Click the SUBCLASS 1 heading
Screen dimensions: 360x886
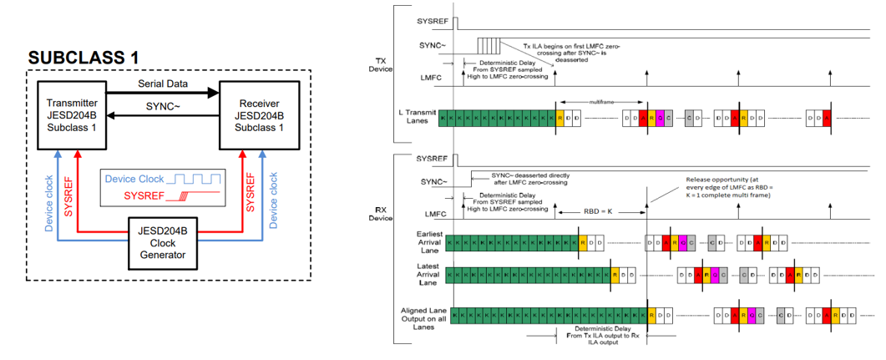83,58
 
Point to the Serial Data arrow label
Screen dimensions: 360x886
162,84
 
